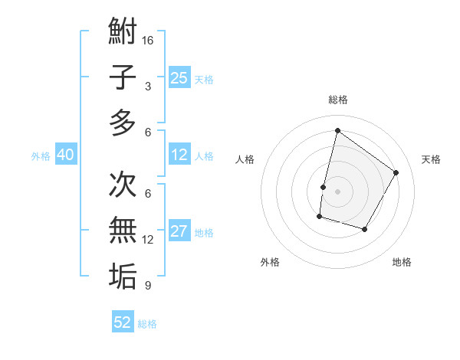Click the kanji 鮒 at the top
[x=123, y=34]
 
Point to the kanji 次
[x=123, y=185]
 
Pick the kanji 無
[x=123, y=229]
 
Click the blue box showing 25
[x=179, y=77]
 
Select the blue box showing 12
[x=179, y=155]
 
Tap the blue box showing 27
[x=179, y=232]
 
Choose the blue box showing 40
[x=65, y=155]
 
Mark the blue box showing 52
[x=123, y=322]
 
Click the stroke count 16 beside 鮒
[x=148, y=39]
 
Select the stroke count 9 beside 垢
[x=148, y=286]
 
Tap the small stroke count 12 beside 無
[x=148, y=240]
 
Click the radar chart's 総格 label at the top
[x=337, y=100]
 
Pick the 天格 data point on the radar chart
[x=396, y=172]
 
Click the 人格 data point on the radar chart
[x=324, y=187]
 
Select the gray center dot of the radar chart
[x=337, y=191]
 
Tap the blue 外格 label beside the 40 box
[x=41, y=156]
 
